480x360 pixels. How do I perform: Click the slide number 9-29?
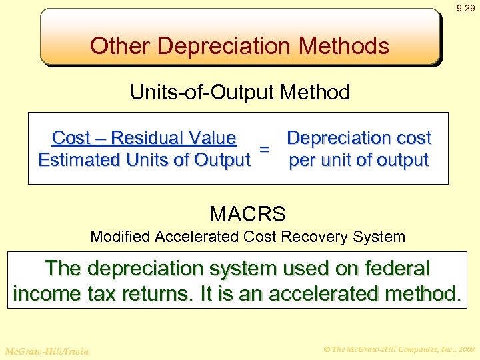pyautogui.click(x=465, y=9)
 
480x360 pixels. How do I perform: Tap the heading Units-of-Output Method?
pyautogui.click(x=239, y=92)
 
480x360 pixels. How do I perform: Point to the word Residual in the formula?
pyautogui.click(x=148, y=138)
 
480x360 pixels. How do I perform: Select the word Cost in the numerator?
pyautogui.click(x=71, y=138)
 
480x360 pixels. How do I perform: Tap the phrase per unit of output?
pyautogui.click(x=359, y=161)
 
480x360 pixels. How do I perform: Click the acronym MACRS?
pyautogui.click(x=247, y=214)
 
